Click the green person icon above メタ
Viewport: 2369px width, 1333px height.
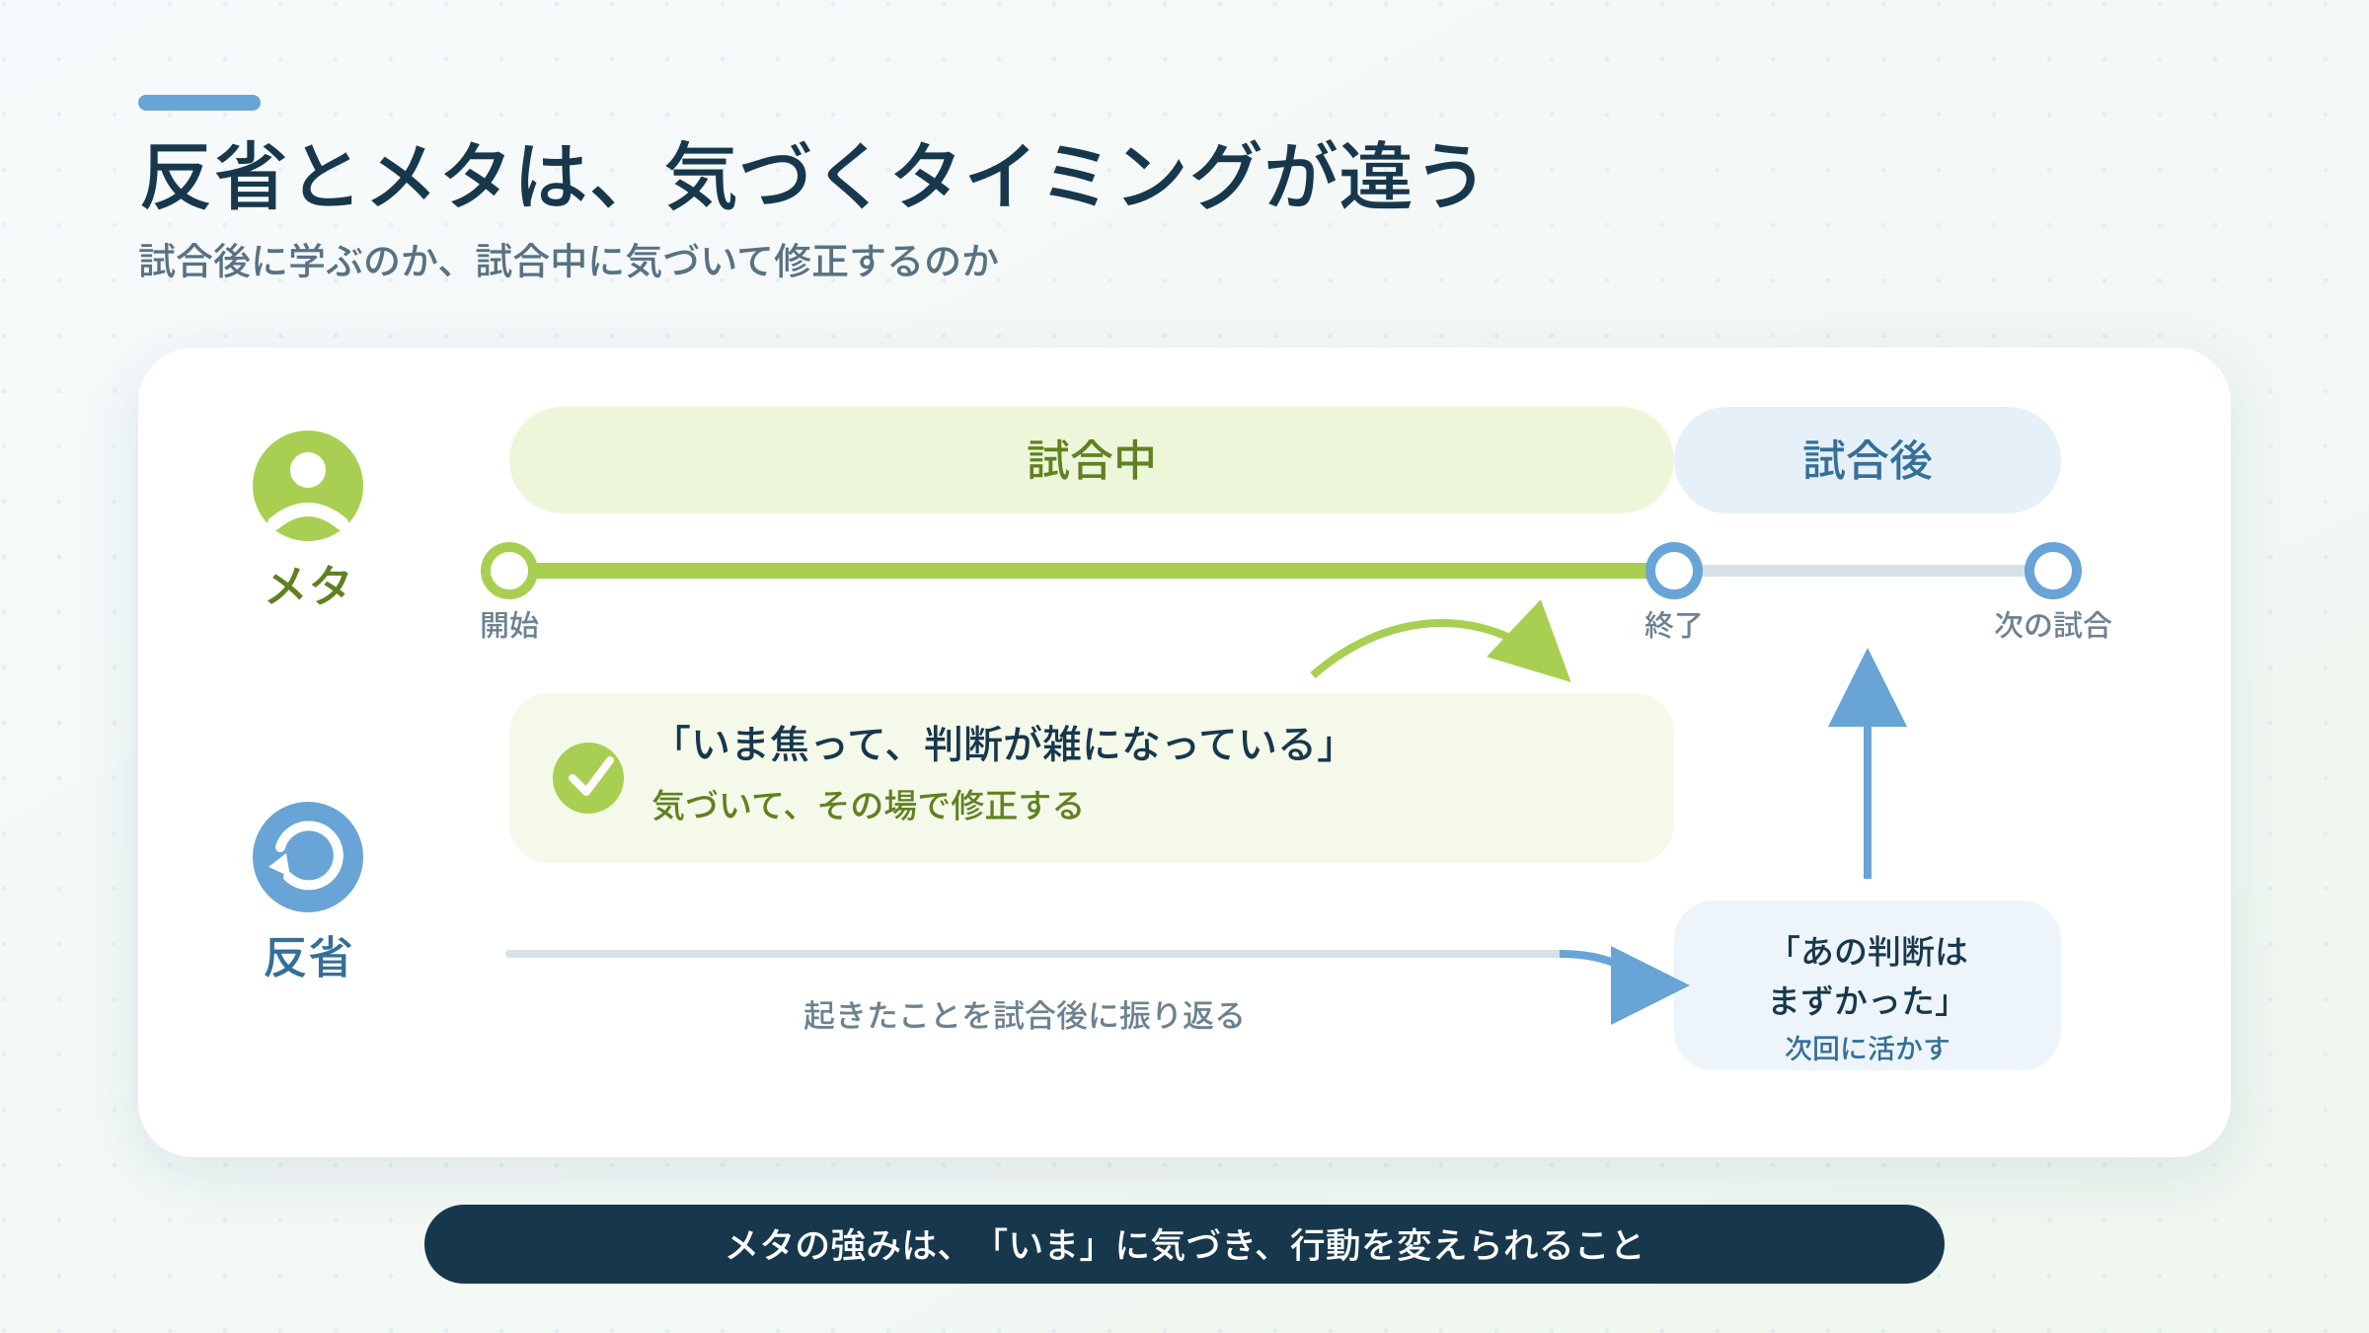point(308,486)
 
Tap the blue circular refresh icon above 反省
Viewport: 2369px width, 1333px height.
point(308,857)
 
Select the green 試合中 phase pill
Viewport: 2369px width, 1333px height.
point(1091,460)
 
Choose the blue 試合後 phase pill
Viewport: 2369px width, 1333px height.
point(1868,460)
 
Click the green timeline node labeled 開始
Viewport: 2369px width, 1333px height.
point(509,571)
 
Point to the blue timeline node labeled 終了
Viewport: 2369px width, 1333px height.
point(1674,571)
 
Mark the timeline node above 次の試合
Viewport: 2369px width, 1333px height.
point(2053,571)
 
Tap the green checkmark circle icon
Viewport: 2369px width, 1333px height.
point(588,778)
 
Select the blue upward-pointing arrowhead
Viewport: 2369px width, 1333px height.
point(1868,690)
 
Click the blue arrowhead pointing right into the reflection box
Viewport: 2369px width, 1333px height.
point(1646,985)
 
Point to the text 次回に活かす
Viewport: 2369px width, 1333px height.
point(1868,1048)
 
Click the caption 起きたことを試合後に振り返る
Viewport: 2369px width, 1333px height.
point(1024,1015)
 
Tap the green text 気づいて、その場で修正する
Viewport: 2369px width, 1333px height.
point(868,806)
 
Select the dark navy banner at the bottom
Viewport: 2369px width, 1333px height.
point(1184,1244)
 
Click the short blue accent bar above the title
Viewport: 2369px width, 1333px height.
point(199,103)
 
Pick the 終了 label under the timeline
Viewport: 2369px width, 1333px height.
point(1673,625)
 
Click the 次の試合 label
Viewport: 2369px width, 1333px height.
point(2053,625)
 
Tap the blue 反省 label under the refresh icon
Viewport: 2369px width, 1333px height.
point(308,958)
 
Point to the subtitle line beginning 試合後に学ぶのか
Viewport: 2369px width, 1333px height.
point(570,262)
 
